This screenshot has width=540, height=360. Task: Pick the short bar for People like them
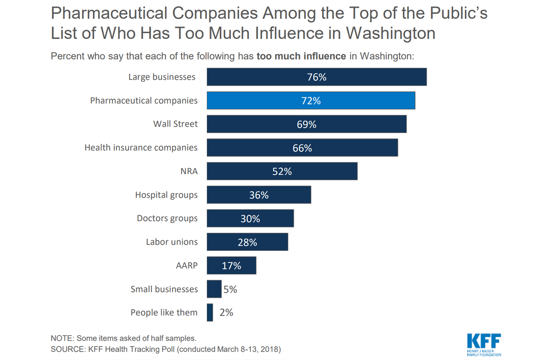(210, 312)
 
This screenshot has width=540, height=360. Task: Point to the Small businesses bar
(214, 289)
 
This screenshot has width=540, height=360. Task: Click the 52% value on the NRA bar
(282, 171)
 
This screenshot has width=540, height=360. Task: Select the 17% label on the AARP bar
(232, 266)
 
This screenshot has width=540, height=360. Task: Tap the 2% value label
(226, 312)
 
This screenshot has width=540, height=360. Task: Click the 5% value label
(230, 289)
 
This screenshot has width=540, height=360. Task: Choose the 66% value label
(302, 148)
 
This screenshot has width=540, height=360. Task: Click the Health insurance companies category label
(141, 148)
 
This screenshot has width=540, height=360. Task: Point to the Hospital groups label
(166, 195)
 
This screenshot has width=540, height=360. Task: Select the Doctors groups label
(167, 218)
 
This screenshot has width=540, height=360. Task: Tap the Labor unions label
(172, 242)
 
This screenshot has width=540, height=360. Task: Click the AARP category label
(187, 266)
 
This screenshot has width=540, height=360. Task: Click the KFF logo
(484, 344)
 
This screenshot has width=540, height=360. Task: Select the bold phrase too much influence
(301, 56)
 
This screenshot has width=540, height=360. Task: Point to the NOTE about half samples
(124, 338)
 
